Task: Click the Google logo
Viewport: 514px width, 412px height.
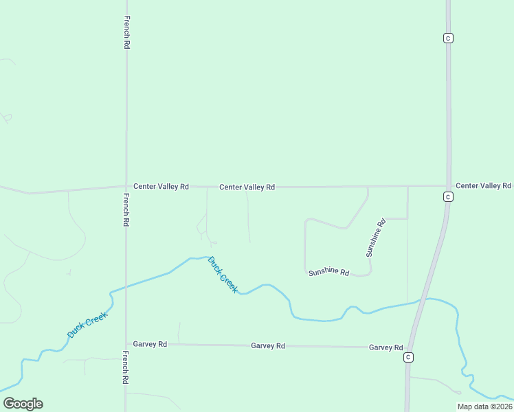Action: tap(23, 404)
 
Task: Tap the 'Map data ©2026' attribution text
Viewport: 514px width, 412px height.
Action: tap(484, 407)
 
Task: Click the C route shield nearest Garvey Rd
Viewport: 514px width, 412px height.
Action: tap(408, 357)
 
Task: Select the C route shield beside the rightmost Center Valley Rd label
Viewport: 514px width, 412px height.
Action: tap(447, 197)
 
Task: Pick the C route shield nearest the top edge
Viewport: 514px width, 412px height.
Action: tap(448, 38)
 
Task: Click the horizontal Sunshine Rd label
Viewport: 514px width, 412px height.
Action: tap(329, 272)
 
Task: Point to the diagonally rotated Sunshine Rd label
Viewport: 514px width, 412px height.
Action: tap(376, 238)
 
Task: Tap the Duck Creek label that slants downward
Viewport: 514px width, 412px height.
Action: tap(223, 275)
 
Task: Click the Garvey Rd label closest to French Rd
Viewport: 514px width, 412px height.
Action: tap(150, 344)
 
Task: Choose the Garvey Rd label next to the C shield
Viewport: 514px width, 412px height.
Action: tap(385, 347)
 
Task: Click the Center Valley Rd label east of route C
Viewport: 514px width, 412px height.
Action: tap(484, 185)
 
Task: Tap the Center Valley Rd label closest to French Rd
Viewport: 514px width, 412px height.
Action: tap(161, 186)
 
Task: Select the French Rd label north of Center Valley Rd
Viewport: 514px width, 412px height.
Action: tap(126, 32)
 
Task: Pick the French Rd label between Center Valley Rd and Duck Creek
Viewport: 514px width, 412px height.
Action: tap(126, 210)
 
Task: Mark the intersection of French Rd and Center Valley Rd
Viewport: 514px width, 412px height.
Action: tap(126, 186)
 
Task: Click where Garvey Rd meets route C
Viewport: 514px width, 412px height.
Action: tap(410, 347)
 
